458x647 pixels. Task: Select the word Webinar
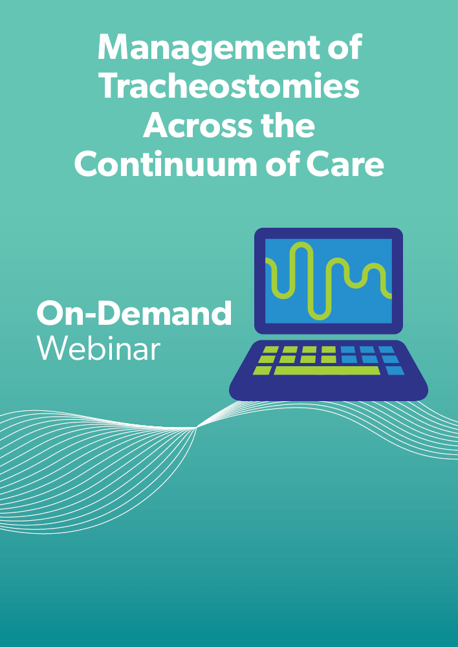[98, 348]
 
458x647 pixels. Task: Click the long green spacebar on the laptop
[327, 371]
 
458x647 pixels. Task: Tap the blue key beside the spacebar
[395, 371]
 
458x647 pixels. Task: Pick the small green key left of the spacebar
[262, 371]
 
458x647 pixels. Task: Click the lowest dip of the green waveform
[320, 317]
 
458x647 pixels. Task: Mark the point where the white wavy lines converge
[196, 428]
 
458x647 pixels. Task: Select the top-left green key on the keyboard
[270, 349]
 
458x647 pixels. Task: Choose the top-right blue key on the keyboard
[387, 349]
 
